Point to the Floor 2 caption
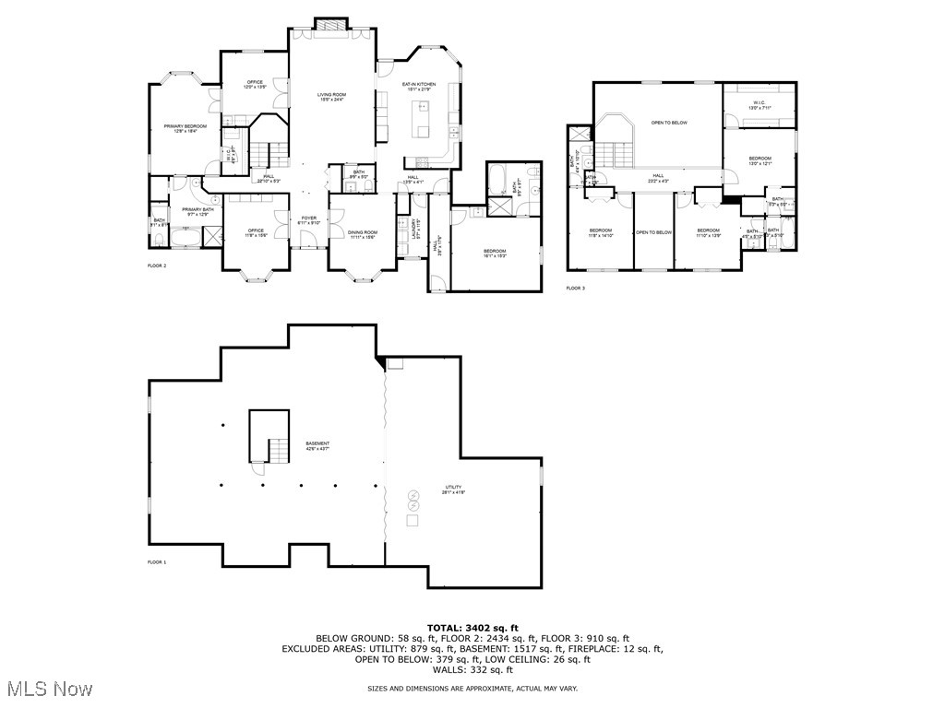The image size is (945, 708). [x=157, y=265]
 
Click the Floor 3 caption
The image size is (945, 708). [x=576, y=289]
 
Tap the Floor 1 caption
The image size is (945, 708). [x=157, y=561]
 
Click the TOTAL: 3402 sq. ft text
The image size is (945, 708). [x=472, y=627]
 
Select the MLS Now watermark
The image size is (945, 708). [x=48, y=689]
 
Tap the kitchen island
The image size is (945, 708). [x=423, y=117]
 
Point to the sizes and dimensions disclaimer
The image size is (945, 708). [x=472, y=689]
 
